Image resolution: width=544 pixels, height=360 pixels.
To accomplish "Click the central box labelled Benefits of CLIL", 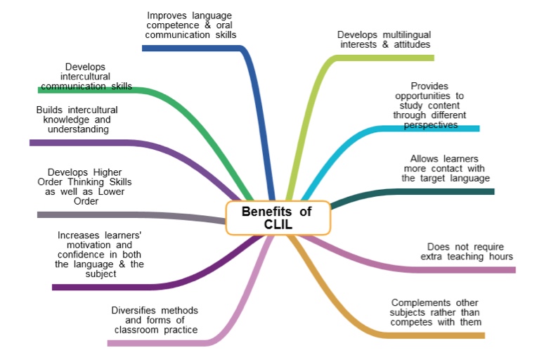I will [278, 218].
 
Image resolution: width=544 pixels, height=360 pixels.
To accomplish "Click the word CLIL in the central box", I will [278, 225].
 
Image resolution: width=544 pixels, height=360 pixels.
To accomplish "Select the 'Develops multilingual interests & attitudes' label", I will [384, 39].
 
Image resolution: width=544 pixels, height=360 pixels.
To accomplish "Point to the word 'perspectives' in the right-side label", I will [431, 124].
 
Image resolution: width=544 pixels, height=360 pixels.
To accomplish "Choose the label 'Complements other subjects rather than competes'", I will [436, 312].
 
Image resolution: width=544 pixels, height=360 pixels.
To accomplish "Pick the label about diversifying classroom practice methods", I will [155, 320].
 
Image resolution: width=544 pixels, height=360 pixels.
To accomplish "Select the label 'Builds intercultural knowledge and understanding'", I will [77, 120].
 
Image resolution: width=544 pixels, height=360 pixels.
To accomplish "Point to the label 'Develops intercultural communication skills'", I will [86, 77].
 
